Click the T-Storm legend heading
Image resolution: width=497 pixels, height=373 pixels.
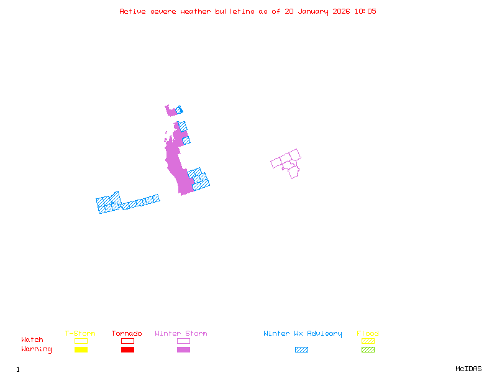[80, 334]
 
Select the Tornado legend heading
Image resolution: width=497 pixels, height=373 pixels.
[127, 334]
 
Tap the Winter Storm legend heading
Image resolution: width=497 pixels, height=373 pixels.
[181, 334]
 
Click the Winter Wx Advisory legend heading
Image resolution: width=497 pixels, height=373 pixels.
[303, 334]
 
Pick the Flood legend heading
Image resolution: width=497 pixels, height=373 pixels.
[368, 334]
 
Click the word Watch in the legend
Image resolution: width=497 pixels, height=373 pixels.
[32, 340]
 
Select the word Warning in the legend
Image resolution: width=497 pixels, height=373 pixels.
[37, 349]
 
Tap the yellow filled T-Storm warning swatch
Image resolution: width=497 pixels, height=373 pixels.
[81, 350]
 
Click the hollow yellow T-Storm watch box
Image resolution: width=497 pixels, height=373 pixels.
[81, 341]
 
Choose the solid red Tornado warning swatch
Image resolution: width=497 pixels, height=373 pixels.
[127, 350]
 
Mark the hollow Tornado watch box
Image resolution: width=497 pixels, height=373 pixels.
[127, 341]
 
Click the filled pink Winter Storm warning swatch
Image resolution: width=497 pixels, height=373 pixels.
[183, 350]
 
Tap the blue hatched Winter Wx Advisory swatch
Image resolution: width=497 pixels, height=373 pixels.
[301, 350]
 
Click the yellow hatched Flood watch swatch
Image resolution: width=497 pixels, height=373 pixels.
[368, 341]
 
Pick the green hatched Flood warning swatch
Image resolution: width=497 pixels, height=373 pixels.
[368, 350]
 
